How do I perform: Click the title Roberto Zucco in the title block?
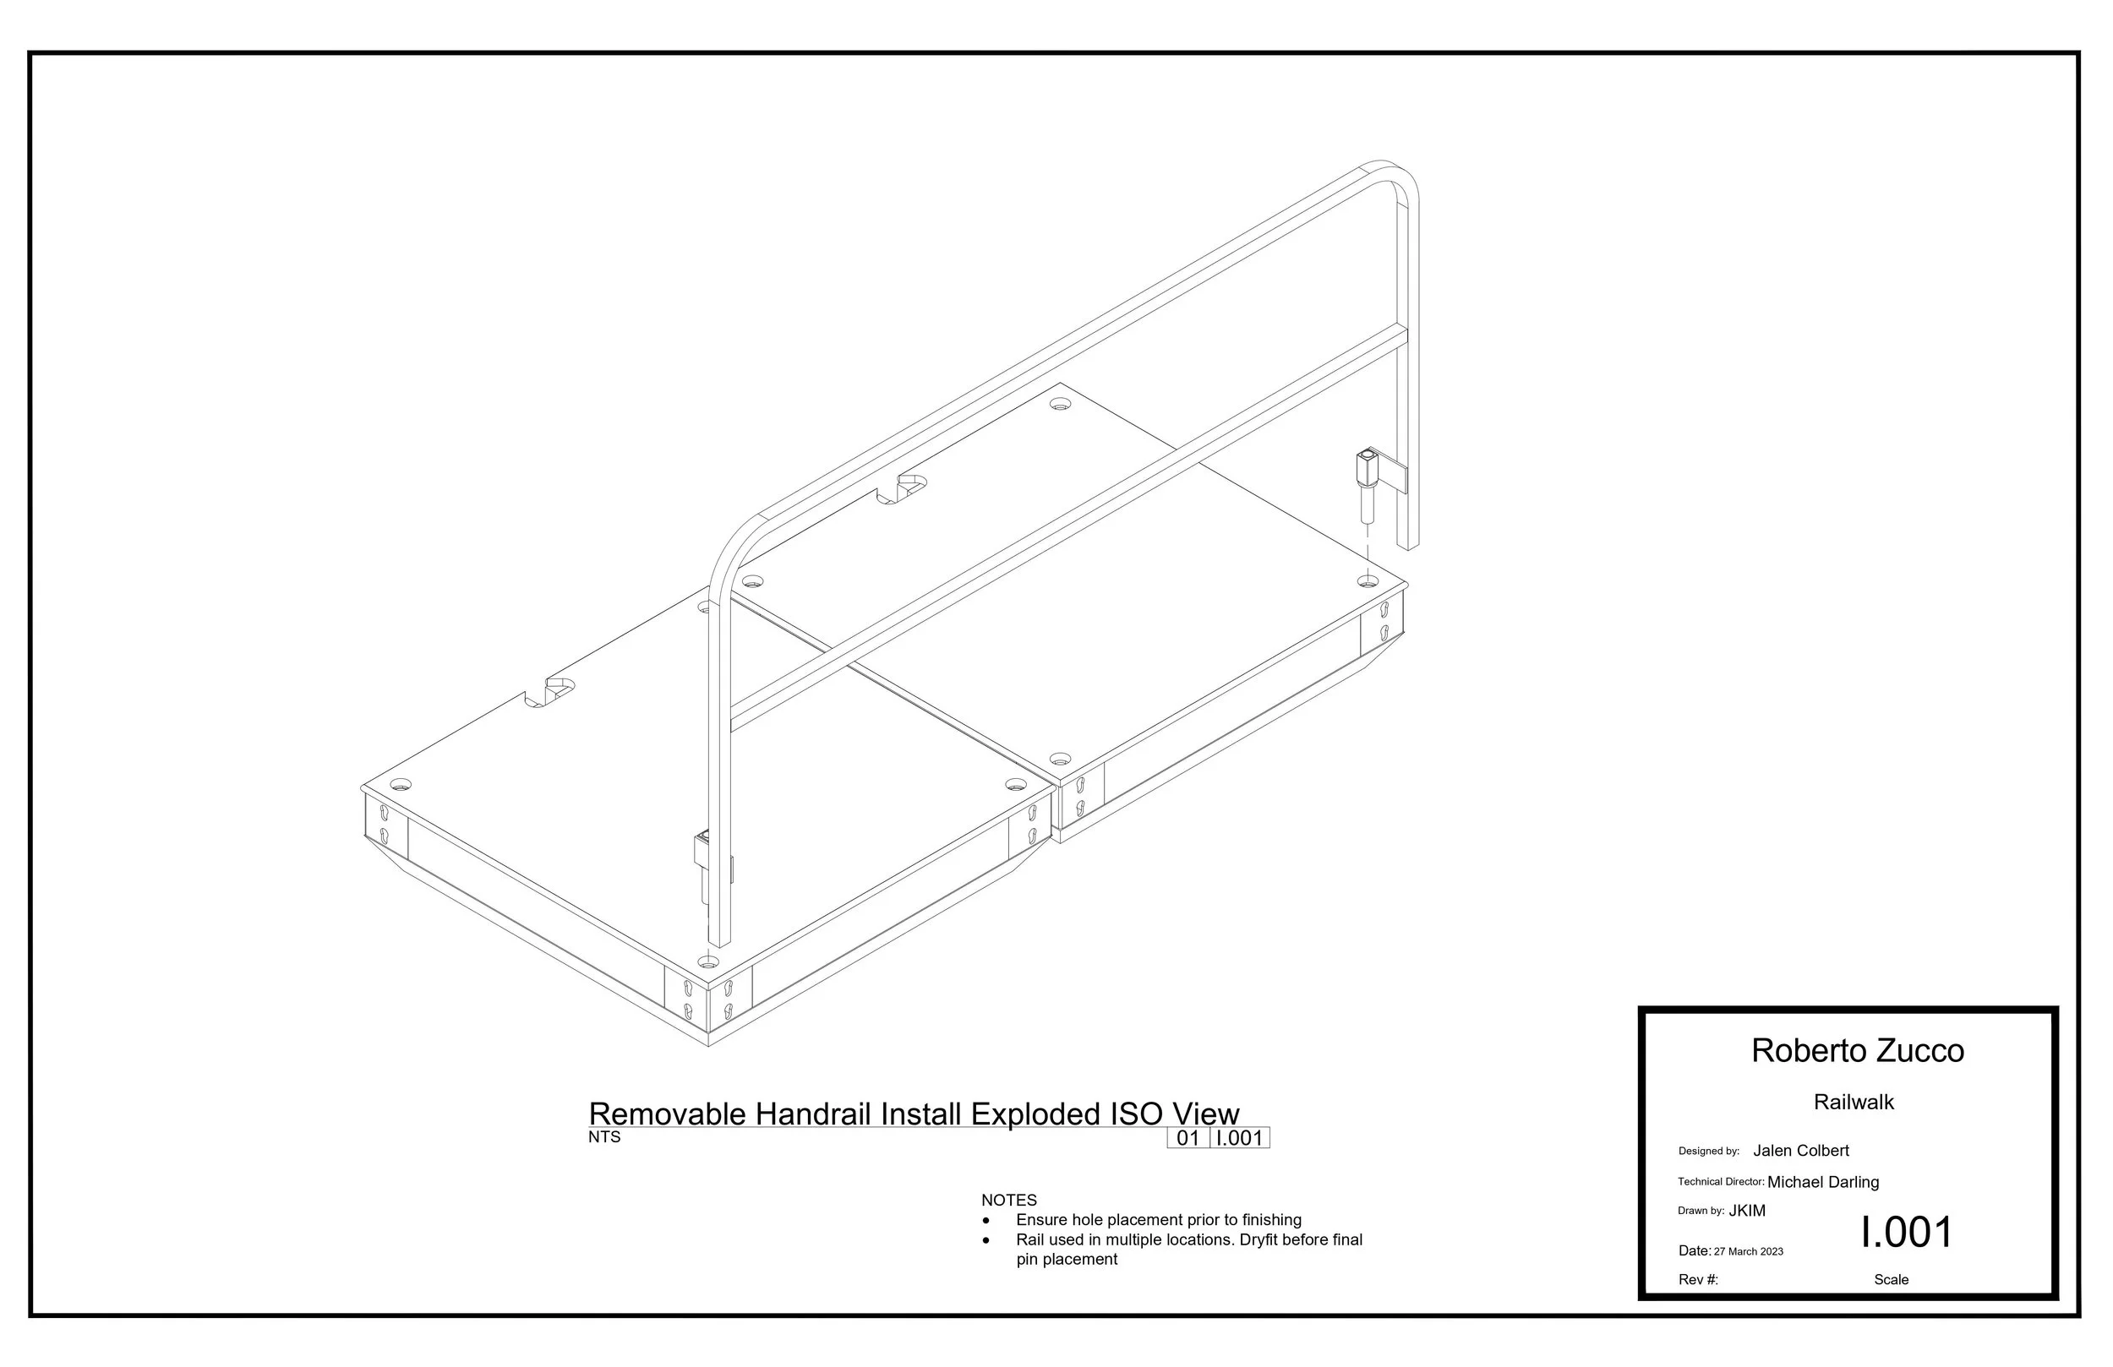(1857, 1051)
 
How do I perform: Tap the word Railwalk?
(1854, 1103)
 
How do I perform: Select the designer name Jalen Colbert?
(1800, 1151)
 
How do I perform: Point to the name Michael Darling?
(1823, 1182)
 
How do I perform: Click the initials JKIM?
(1747, 1211)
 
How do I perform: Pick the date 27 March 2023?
(1748, 1251)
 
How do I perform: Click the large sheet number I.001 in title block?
(1907, 1232)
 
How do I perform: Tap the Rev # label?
(1698, 1280)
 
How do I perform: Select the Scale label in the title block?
(1891, 1280)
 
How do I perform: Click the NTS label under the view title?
(603, 1137)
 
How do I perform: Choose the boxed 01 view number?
(1188, 1138)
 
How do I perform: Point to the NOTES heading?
(1008, 1200)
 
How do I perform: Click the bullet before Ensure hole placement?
(986, 1222)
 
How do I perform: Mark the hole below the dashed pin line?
(1368, 581)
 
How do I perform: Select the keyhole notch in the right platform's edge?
(902, 489)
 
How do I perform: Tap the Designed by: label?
(1708, 1152)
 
